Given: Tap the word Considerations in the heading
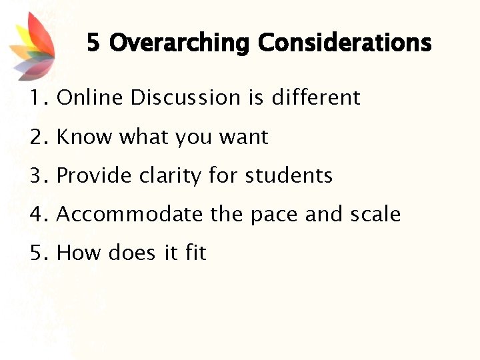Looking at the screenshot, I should (345, 43).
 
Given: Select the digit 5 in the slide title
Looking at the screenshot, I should (93, 43).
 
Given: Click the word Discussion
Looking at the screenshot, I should (186, 98).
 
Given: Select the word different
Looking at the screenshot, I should (315, 98).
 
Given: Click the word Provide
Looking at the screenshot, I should (95, 176).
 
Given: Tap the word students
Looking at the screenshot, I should (289, 176).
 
